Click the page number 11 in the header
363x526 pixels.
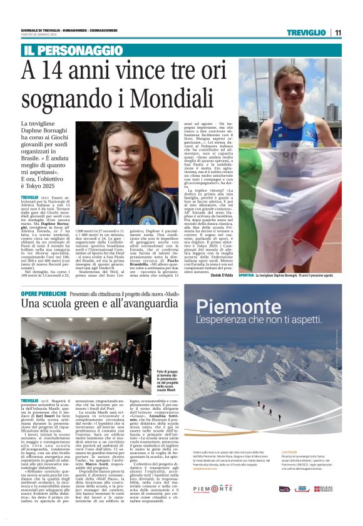337,32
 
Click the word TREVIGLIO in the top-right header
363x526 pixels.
304,32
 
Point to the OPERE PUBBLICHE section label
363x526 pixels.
44,293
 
